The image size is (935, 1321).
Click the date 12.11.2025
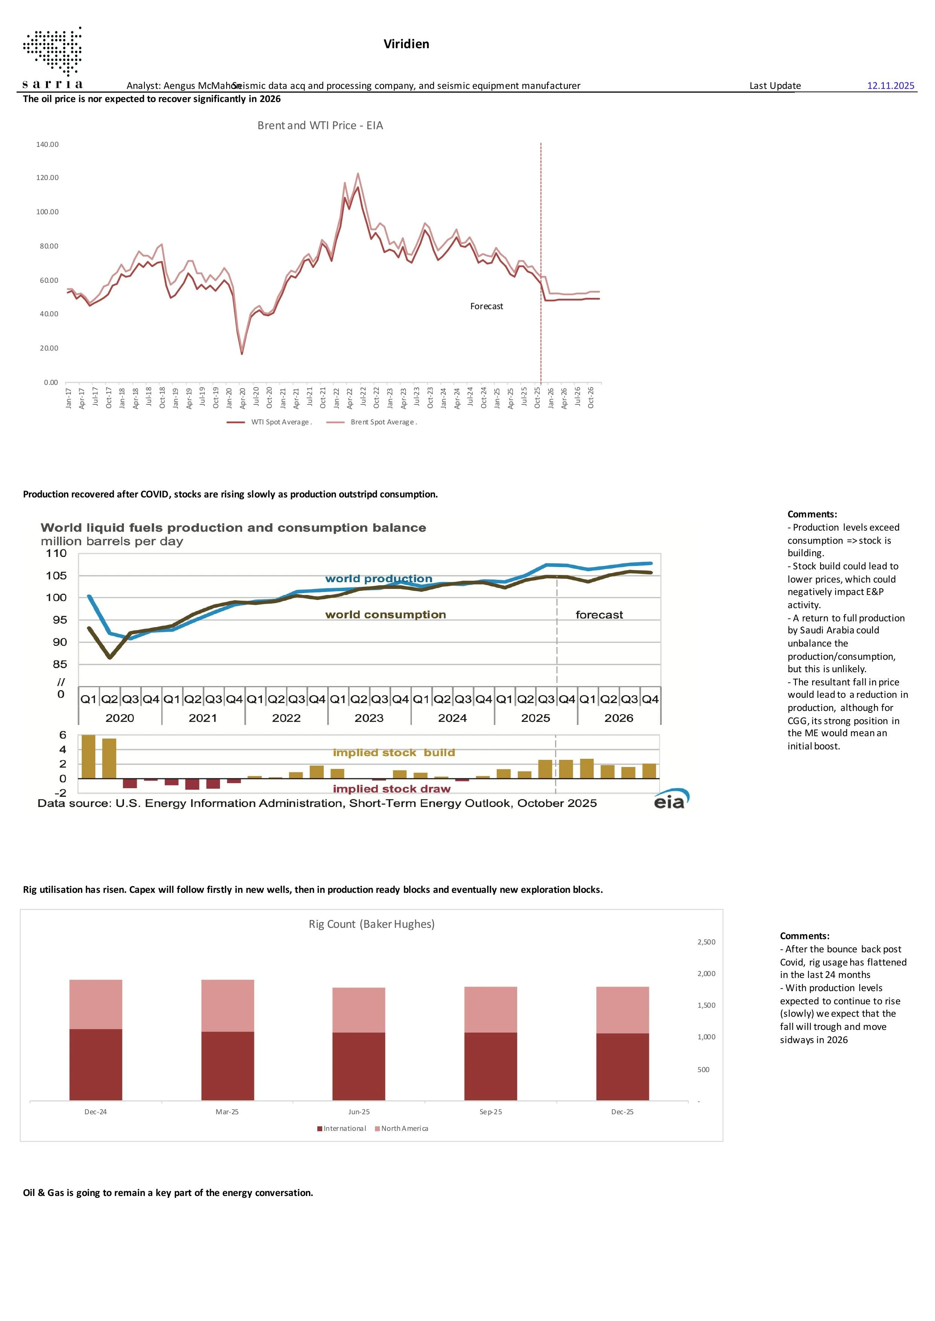890,86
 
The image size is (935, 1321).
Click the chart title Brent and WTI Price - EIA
320,125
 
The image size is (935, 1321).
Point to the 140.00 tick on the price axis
47,144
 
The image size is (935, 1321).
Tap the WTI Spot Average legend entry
269,422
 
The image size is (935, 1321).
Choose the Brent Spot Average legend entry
372,422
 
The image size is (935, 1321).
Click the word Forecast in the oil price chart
487,306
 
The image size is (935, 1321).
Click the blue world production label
379,579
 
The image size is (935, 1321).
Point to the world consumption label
386,615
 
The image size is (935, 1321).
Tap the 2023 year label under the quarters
369,718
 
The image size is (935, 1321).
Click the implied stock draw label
392,789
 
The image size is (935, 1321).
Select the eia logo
671,799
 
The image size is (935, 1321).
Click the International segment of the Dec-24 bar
96,1065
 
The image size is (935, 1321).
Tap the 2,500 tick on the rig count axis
706,942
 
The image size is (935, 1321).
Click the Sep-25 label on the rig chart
491,1112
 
